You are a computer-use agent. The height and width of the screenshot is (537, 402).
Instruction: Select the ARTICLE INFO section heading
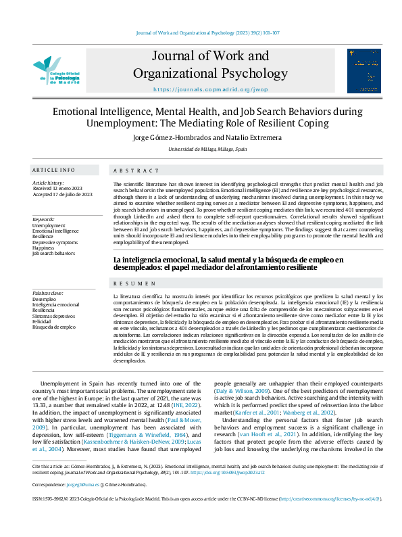53,170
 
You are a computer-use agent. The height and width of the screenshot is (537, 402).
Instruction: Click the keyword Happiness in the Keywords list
44,248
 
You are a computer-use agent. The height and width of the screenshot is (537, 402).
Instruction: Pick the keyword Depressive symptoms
55,241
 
